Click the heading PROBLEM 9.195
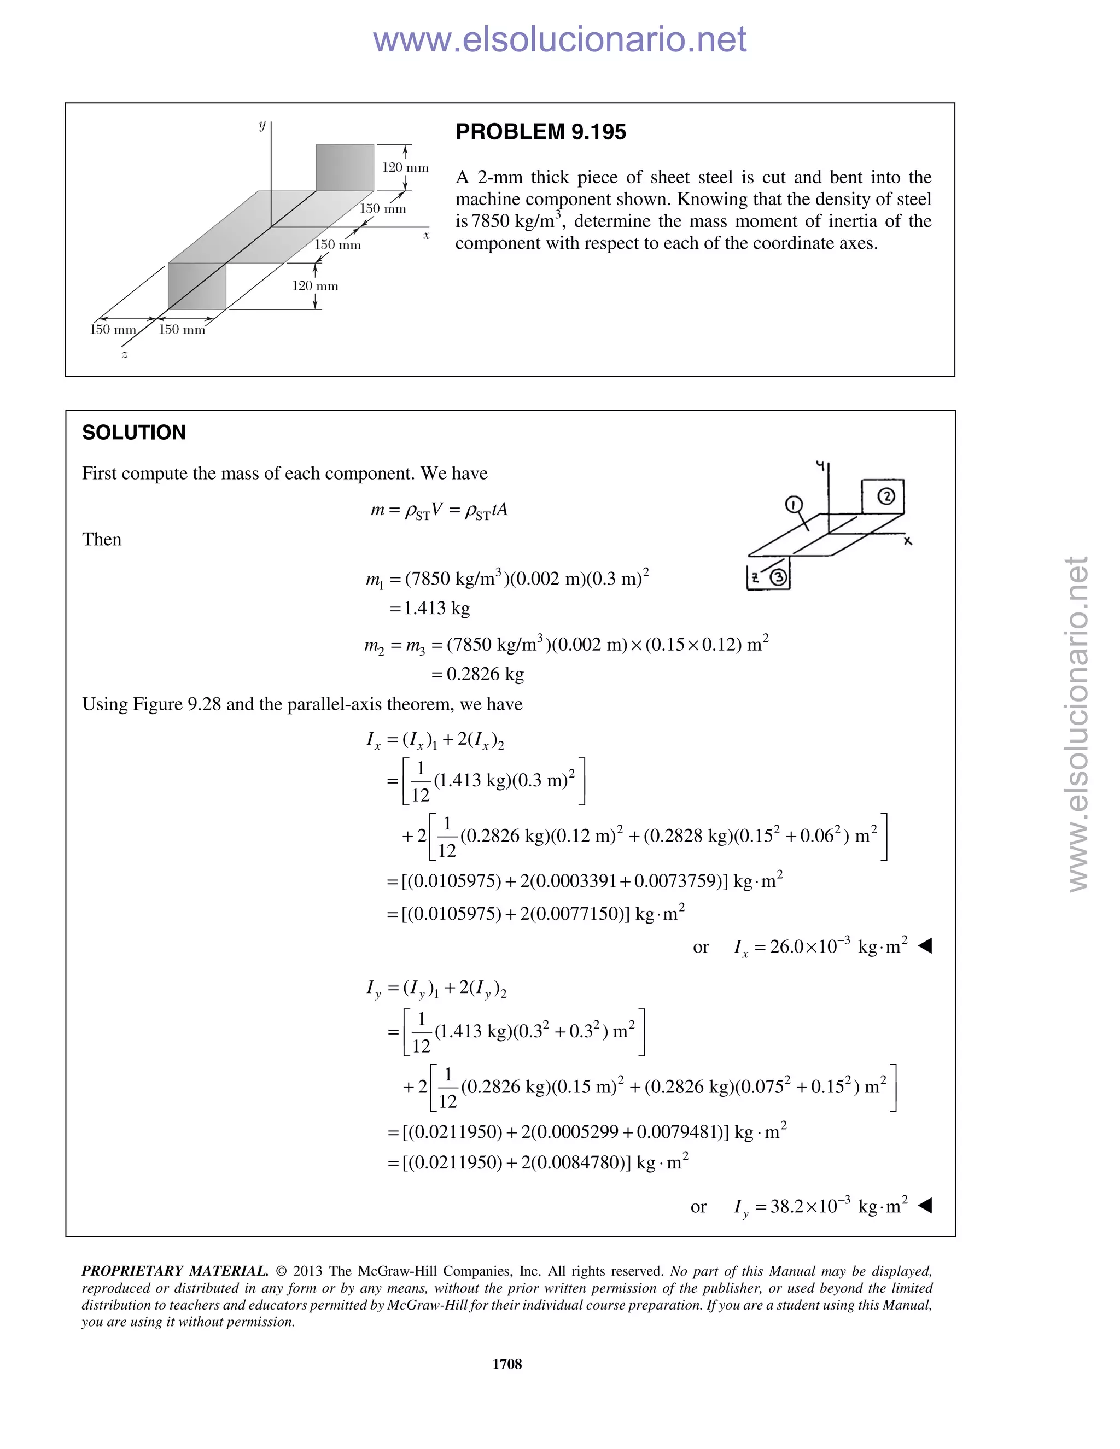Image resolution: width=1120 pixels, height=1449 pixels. pos(540,132)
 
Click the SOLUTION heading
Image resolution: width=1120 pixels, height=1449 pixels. pos(134,433)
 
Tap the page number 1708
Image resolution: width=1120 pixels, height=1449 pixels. pos(507,1363)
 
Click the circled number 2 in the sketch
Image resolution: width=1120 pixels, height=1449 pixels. pos(886,495)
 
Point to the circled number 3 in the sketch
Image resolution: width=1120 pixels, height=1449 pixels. pos(778,577)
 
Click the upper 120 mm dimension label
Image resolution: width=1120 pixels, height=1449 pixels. pos(405,168)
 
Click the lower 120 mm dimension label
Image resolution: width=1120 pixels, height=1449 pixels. pos(315,286)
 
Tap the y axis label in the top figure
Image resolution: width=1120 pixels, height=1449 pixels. pos(262,125)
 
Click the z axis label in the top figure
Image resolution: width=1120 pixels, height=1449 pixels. pos(124,354)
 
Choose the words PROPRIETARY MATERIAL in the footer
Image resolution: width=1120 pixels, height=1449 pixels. pos(174,1271)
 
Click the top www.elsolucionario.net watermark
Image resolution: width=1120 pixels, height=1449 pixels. pos(559,40)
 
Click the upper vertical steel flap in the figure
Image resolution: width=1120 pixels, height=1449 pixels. pos(345,167)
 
